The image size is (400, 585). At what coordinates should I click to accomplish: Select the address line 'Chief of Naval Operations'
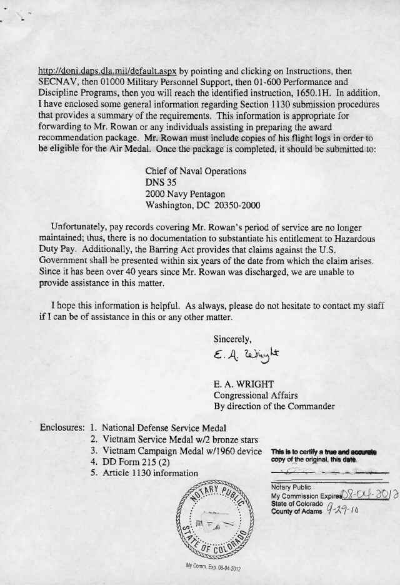pyautogui.click(x=196, y=171)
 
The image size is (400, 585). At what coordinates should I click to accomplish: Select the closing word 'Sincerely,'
pyautogui.click(x=232, y=339)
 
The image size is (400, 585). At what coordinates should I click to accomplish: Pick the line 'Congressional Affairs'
pyautogui.click(x=256, y=394)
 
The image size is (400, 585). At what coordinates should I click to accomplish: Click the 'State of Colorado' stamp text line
pyautogui.click(x=297, y=504)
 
